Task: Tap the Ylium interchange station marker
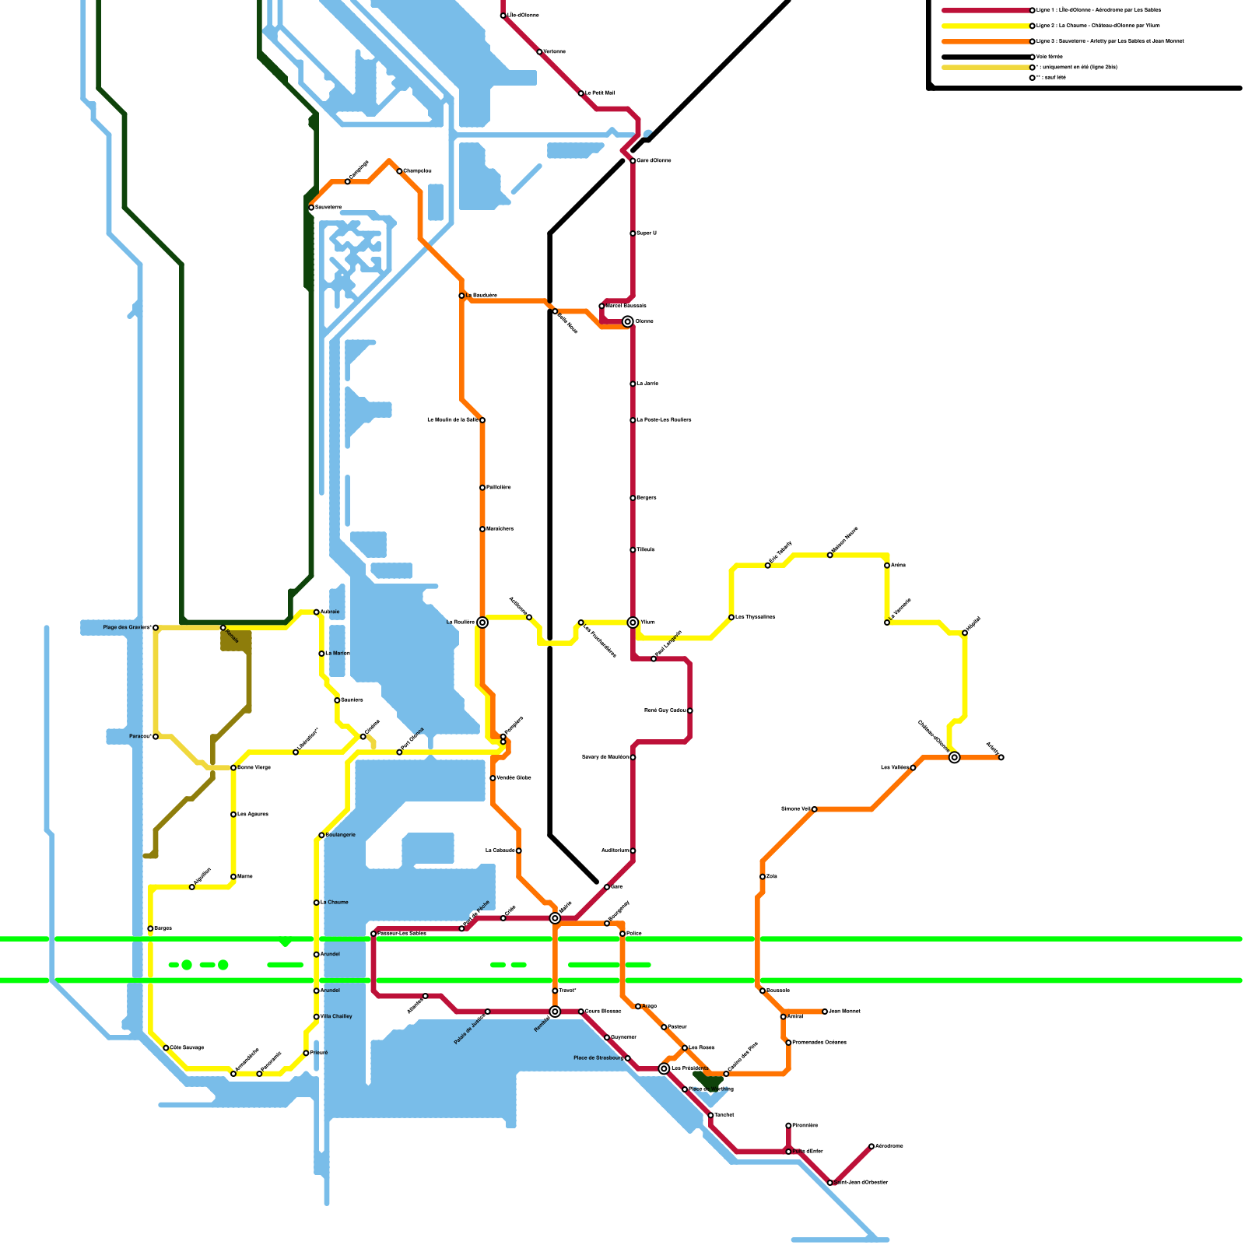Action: pyautogui.click(x=633, y=622)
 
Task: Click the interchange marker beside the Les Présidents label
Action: pyautogui.click(x=664, y=1068)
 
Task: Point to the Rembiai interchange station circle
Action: pyautogui.click(x=555, y=1012)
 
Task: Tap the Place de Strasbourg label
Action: pyautogui.click(x=598, y=1058)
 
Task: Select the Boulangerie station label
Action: pyautogui.click(x=341, y=835)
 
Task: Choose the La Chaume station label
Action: pyautogui.click(x=335, y=903)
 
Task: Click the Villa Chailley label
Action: pyautogui.click(x=336, y=1016)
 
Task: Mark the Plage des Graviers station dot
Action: pyautogui.click(x=156, y=627)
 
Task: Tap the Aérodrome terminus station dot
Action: pyautogui.click(x=871, y=1146)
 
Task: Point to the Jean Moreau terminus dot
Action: pyautogui.click(x=825, y=1012)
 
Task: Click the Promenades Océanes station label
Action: pyautogui.click(x=819, y=1043)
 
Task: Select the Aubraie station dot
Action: pyautogui.click(x=317, y=612)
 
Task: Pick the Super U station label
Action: pyautogui.click(x=647, y=233)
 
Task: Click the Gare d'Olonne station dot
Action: pyautogui.click(x=633, y=161)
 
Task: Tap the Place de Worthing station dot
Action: pyautogui.click(x=685, y=1089)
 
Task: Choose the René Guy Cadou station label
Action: pyautogui.click(x=665, y=710)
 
